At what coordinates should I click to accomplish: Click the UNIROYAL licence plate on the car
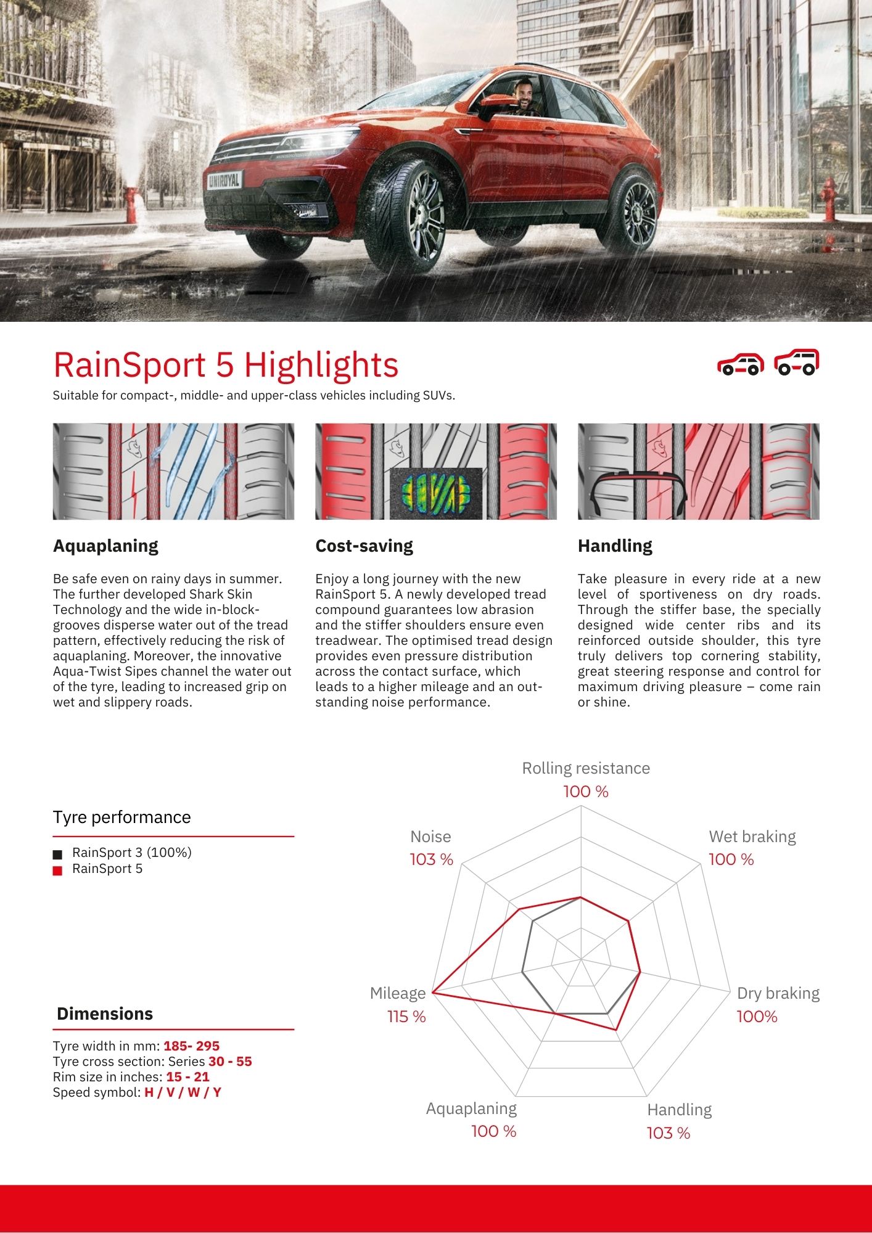coord(224,180)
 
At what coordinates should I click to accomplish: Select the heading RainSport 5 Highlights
coord(226,364)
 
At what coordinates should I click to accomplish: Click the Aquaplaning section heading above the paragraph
coord(105,546)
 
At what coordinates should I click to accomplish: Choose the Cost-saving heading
coord(364,546)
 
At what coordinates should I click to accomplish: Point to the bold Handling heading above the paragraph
coord(615,546)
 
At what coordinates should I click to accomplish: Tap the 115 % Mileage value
coord(406,1017)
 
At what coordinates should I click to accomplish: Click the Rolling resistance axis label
coord(586,768)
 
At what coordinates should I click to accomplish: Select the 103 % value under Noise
coord(431,859)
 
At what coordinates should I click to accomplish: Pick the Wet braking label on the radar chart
coord(752,837)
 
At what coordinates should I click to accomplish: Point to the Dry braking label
coord(778,993)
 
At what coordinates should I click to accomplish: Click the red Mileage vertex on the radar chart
coord(433,992)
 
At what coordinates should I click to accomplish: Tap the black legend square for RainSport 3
coord(58,854)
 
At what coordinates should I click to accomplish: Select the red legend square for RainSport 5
coord(58,870)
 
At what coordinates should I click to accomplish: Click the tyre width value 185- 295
coord(191,1046)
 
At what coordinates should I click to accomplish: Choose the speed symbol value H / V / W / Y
coord(183,1092)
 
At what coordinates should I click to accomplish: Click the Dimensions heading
coord(105,1014)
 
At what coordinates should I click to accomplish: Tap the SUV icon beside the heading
coord(797,363)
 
